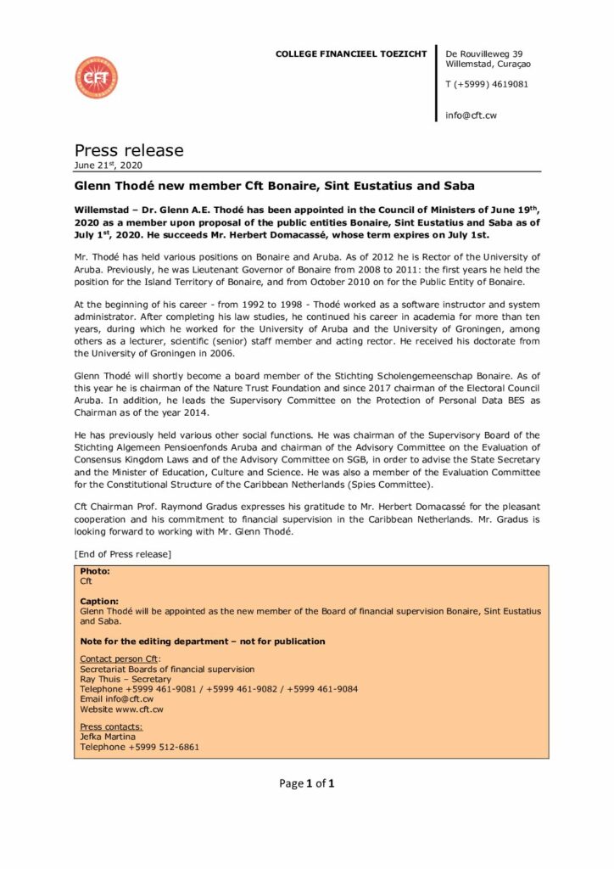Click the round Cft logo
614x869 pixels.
(x=96, y=77)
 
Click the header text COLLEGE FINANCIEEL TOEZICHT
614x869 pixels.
(x=351, y=54)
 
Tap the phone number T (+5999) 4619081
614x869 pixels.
(x=487, y=84)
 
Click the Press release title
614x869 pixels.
(x=129, y=150)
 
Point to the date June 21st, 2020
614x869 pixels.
(x=109, y=165)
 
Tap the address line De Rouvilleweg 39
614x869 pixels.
(x=483, y=53)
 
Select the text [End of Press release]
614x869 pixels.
(x=123, y=554)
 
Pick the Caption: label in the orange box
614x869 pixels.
(x=99, y=601)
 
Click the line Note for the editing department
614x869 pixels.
(x=202, y=641)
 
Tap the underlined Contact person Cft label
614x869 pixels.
(x=120, y=659)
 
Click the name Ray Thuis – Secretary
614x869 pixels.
(x=125, y=679)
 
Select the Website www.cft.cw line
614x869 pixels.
(x=121, y=709)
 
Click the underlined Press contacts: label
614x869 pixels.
(x=111, y=727)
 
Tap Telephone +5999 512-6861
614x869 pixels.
(x=140, y=747)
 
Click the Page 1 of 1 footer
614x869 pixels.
(x=307, y=783)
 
